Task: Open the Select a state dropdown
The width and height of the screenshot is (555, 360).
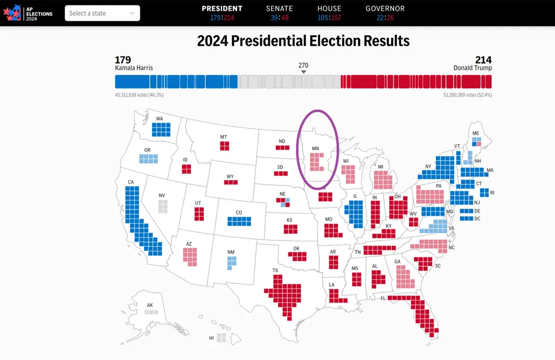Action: click(x=102, y=13)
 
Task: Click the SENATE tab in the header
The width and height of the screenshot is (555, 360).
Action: click(x=280, y=9)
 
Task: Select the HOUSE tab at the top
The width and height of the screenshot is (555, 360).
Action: click(x=330, y=9)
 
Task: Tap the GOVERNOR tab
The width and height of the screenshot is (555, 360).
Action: click(x=385, y=9)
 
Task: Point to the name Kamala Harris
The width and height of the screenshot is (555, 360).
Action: click(x=134, y=68)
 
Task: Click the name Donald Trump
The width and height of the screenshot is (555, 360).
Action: click(x=473, y=68)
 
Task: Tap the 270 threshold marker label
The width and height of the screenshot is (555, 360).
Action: click(x=304, y=65)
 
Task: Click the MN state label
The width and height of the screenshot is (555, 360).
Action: click(x=315, y=148)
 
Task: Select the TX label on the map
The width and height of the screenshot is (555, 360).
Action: click(x=275, y=270)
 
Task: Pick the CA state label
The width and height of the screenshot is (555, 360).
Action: click(x=131, y=182)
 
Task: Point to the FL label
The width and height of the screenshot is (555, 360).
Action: click(x=383, y=298)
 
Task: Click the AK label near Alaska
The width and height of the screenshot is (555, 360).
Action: click(x=150, y=305)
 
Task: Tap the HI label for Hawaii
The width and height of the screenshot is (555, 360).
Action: click(x=211, y=337)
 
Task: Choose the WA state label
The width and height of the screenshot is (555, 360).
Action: click(x=159, y=118)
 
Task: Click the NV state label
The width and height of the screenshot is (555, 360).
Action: click(x=162, y=195)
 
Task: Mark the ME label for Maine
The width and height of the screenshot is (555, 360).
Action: click(x=476, y=133)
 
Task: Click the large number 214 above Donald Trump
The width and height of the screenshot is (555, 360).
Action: click(x=483, y=60)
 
